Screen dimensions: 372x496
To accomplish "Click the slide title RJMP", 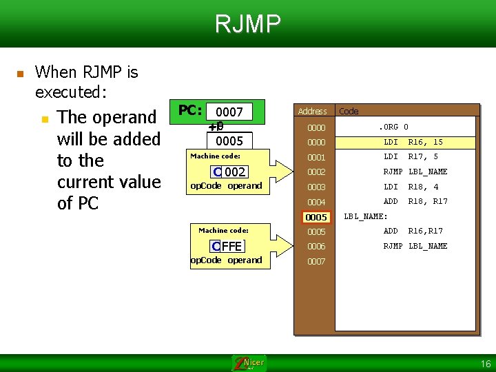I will (248, 24).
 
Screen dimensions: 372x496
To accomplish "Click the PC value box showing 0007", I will (229, 112).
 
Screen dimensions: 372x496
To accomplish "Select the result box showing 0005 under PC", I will (229, 141).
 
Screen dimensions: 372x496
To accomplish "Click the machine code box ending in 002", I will (229, 172).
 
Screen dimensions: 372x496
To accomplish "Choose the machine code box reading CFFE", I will (228, 246).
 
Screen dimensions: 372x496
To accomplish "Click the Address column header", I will (312, 111).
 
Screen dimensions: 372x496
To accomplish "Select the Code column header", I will (349, 111).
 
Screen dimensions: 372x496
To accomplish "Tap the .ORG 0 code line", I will (394, 127).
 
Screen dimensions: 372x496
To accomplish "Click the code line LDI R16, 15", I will (413, 143).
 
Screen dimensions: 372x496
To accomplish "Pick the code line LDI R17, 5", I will (411, 157).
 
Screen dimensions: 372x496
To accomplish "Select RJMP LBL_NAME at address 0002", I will (415, 172).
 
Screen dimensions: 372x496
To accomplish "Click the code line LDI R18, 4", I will (411, 187).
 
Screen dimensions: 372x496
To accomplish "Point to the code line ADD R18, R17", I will (415, 202).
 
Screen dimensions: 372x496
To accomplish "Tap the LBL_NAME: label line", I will (366, 217).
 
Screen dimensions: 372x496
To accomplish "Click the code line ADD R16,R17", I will (413, 231).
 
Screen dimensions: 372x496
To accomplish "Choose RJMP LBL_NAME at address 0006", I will (415, 246).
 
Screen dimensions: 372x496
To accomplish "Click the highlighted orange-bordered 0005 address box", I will (316, 218).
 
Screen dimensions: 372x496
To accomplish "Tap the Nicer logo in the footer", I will (249, 363).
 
